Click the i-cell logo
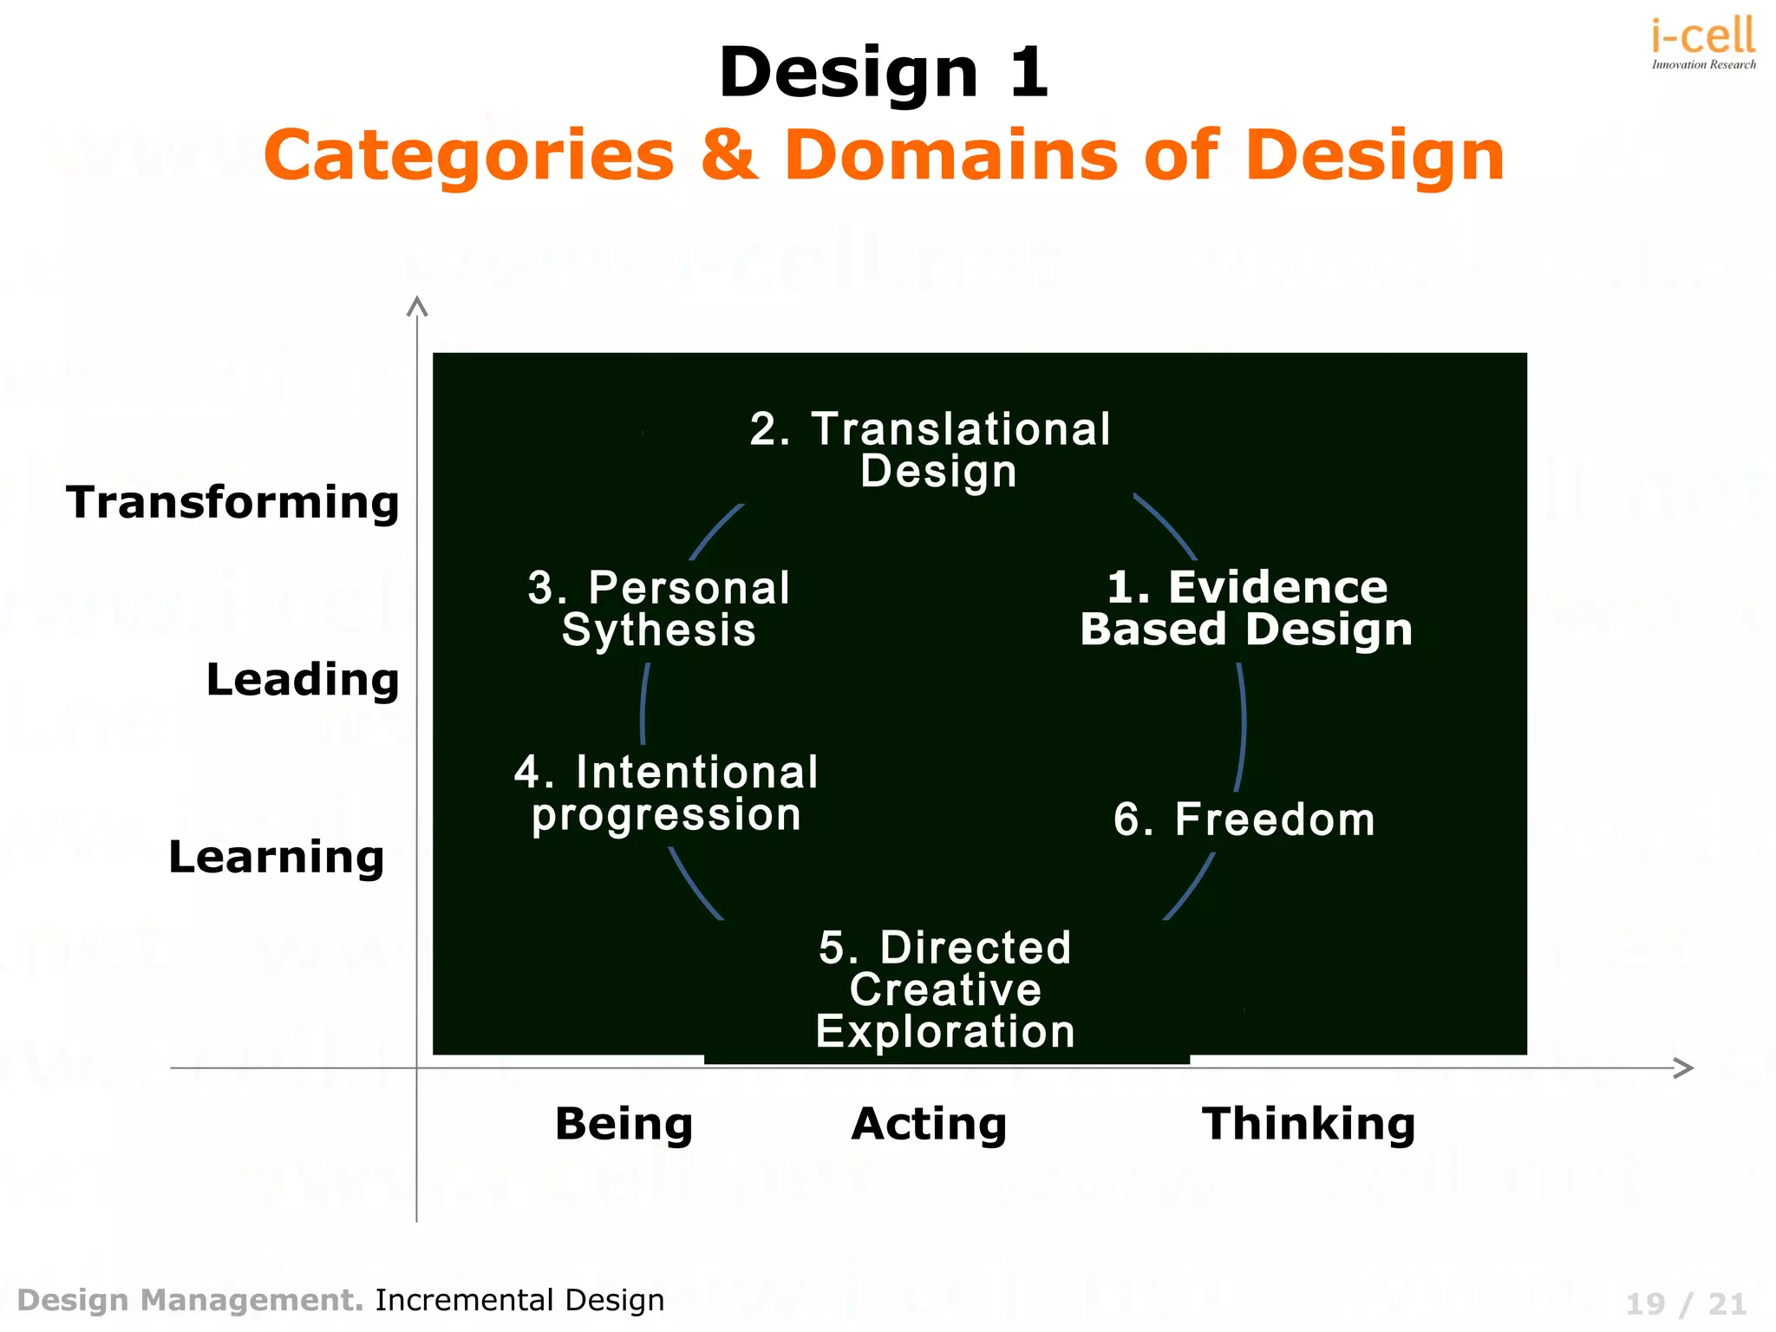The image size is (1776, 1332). pos(1703,42)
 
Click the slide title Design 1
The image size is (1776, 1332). pos(884,73)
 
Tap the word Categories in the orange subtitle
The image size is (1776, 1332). pos(469,156)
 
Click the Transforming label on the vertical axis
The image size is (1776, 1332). pos(232,502)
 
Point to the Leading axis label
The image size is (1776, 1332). pos(303,679)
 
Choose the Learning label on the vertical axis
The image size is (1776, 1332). pos(277,857)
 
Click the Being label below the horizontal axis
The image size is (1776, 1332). pos(624,1124)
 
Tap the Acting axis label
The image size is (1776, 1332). pos(929,1124)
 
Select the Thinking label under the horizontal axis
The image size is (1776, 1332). pos(1308,1124)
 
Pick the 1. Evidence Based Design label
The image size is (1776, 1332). pos(1246,608)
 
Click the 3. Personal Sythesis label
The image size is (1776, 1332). pos(659,609)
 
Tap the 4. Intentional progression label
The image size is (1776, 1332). pos(666,793)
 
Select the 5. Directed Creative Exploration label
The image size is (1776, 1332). pos(945,989)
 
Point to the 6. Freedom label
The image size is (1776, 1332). pos(1244,819)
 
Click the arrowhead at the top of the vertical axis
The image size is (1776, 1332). pos(417,306)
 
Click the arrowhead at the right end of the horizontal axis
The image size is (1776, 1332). pos(1683,1068)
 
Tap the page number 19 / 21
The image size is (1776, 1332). pos(1686,1303)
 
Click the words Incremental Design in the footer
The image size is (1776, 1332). pos(519,1300)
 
